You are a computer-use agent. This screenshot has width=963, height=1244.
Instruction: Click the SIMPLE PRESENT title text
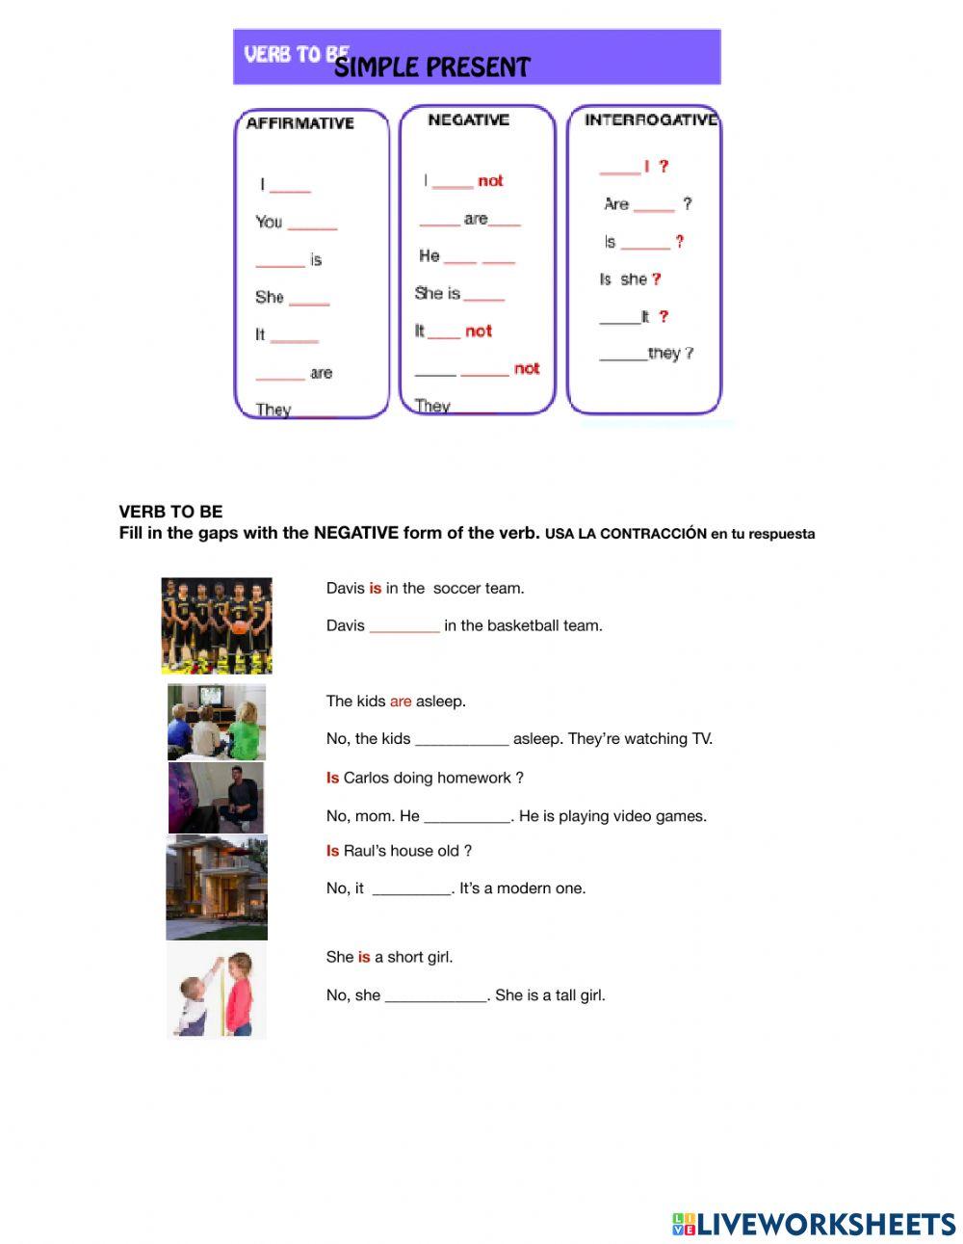(x=431, y=67)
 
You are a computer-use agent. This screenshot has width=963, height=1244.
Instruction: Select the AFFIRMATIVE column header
(x=299, y=123)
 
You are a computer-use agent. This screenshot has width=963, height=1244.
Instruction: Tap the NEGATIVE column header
(x=468, y=119)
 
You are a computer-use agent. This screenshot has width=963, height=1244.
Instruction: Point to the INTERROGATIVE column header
(x=650, y=119)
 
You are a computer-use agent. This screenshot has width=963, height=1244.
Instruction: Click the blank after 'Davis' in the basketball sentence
(x=404, y=627)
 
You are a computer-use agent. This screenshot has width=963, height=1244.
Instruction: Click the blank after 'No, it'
(x=411, y=889)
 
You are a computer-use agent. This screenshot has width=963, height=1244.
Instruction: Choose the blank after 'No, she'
(x=435, y=996)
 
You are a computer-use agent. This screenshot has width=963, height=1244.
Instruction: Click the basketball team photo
(x=217, y=625)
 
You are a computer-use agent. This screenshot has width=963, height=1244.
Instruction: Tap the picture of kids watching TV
(x=217, y=722)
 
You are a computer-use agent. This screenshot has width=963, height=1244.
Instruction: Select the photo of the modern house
(x=217, y=887)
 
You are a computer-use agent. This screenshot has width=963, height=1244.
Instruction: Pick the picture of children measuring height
(x=217, y=991)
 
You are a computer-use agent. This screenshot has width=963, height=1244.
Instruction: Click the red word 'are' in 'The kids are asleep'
(x=401, y=701)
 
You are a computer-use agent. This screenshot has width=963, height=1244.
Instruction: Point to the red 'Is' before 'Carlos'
(x=332, y=778)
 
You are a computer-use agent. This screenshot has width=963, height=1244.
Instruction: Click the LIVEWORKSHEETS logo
(x=814, y=1224)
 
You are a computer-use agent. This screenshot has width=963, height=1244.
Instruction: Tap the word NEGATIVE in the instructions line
(x=355, y=533)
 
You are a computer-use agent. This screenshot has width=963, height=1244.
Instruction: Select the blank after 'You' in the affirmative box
(x=312, y=224)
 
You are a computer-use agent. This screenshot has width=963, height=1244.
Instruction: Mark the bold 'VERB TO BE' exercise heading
(x=170, y=512)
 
